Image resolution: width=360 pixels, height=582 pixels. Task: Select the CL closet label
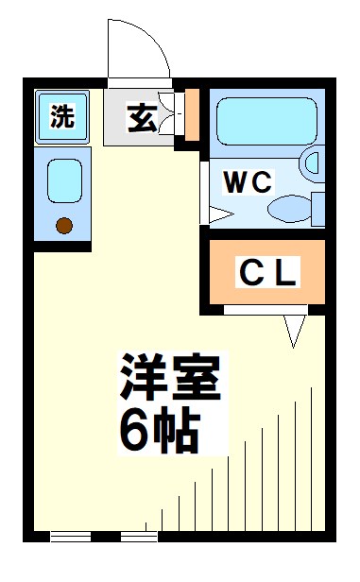[268, 274]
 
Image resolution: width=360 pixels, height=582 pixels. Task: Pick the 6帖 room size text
[158, 430]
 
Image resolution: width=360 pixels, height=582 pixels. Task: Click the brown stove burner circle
[63, 225]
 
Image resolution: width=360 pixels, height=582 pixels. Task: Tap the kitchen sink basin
[64, 180]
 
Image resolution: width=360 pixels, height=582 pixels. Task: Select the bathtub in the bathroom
[266, 122]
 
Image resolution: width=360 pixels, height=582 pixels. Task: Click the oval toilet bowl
[289, 206]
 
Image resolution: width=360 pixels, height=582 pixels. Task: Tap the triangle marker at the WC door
[216, 214]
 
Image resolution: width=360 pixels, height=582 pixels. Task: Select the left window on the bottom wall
[71, 537]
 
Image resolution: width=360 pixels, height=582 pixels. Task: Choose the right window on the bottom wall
[141, 537]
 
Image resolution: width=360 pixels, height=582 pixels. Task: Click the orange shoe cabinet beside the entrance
[192, 114]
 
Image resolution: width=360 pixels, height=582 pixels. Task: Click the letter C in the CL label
[250, 274]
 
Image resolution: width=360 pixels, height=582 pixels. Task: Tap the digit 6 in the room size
[133, 431]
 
